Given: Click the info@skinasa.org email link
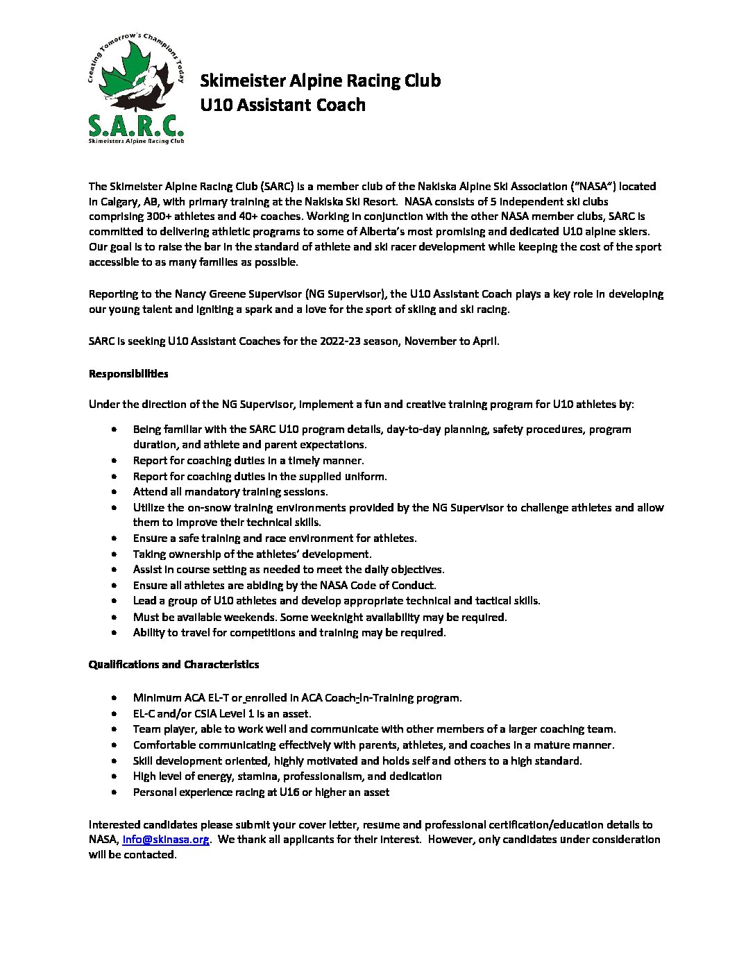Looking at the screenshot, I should pyautogui.click(x=166, y=840).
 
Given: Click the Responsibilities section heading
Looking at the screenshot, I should pyautogui.click(x=128, y=374).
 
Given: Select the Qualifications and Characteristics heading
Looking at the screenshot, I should pyautogui.click(x=173, y=665).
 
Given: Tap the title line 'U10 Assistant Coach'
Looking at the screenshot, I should pyautogui.click(x=282, y=105).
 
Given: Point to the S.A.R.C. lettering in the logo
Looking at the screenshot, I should pyautogui.click(x=136, y=125).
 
